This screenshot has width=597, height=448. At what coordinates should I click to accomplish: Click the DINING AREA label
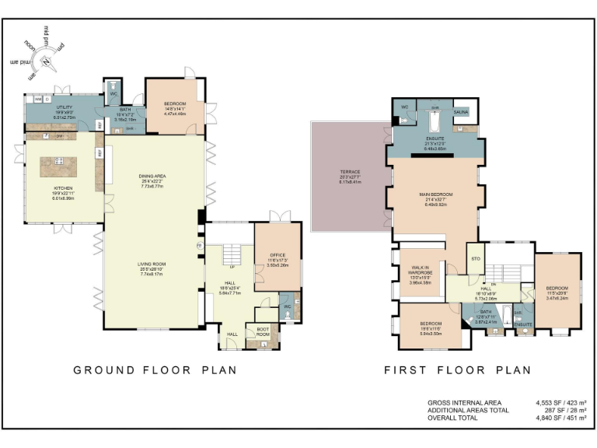click(x=152, y=177)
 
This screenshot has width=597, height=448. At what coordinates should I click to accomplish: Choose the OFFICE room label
click(x=278, y=254)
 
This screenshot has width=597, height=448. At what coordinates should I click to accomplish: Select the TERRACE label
click(x=350, y=172)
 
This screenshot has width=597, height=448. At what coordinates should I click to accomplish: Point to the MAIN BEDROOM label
click(x=435, y=194)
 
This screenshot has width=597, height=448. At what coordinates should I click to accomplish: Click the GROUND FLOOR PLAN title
click(x=155, y=370)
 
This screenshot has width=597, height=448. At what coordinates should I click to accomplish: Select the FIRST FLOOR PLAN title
click(x=458, y=370)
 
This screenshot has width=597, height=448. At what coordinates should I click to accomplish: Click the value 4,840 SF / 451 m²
click(x=560, y=418)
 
